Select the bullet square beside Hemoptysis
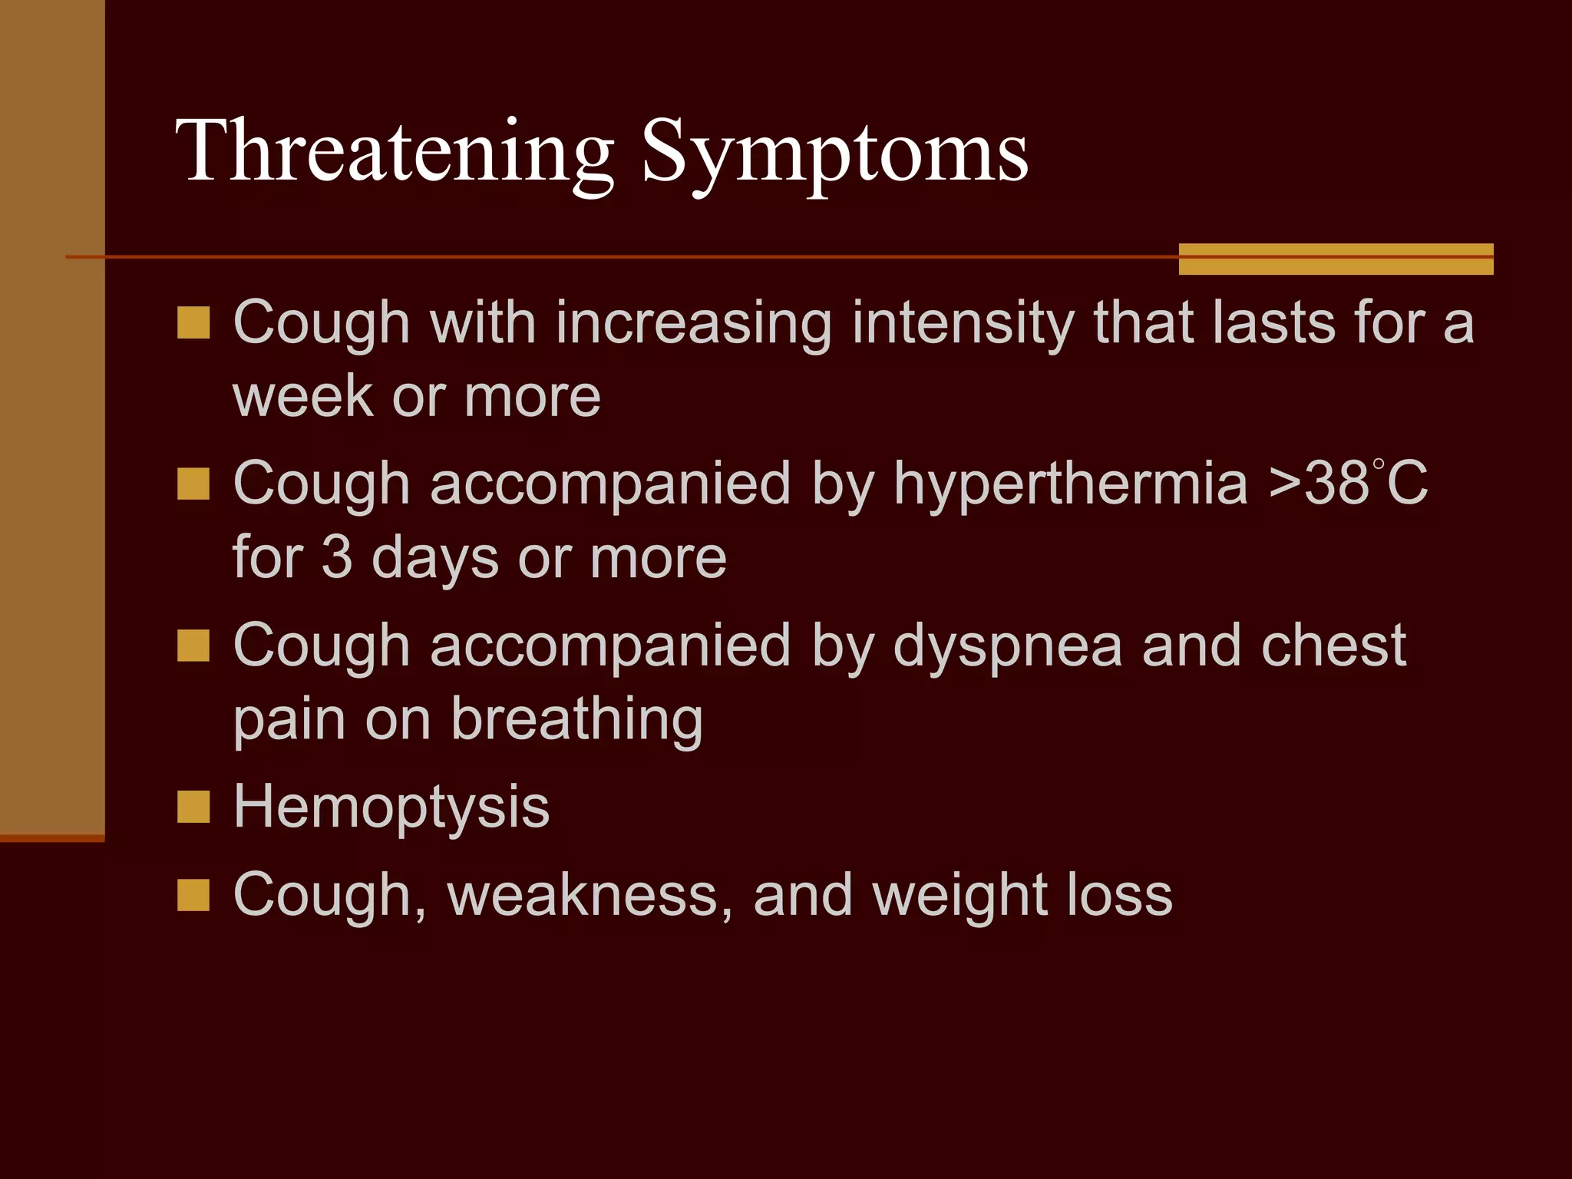pos(193,807)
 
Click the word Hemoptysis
pos(391,808)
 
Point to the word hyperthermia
pos(1071,485)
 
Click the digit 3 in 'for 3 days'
pos(336,557)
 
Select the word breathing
pos(576,721)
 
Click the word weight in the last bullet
pos(958,897)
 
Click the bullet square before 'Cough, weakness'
pos(193,895)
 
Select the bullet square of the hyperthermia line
pos(193,484)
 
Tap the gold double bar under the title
pos(1336,259)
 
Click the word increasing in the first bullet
pos(694,324)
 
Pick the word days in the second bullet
pos(435,559)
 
